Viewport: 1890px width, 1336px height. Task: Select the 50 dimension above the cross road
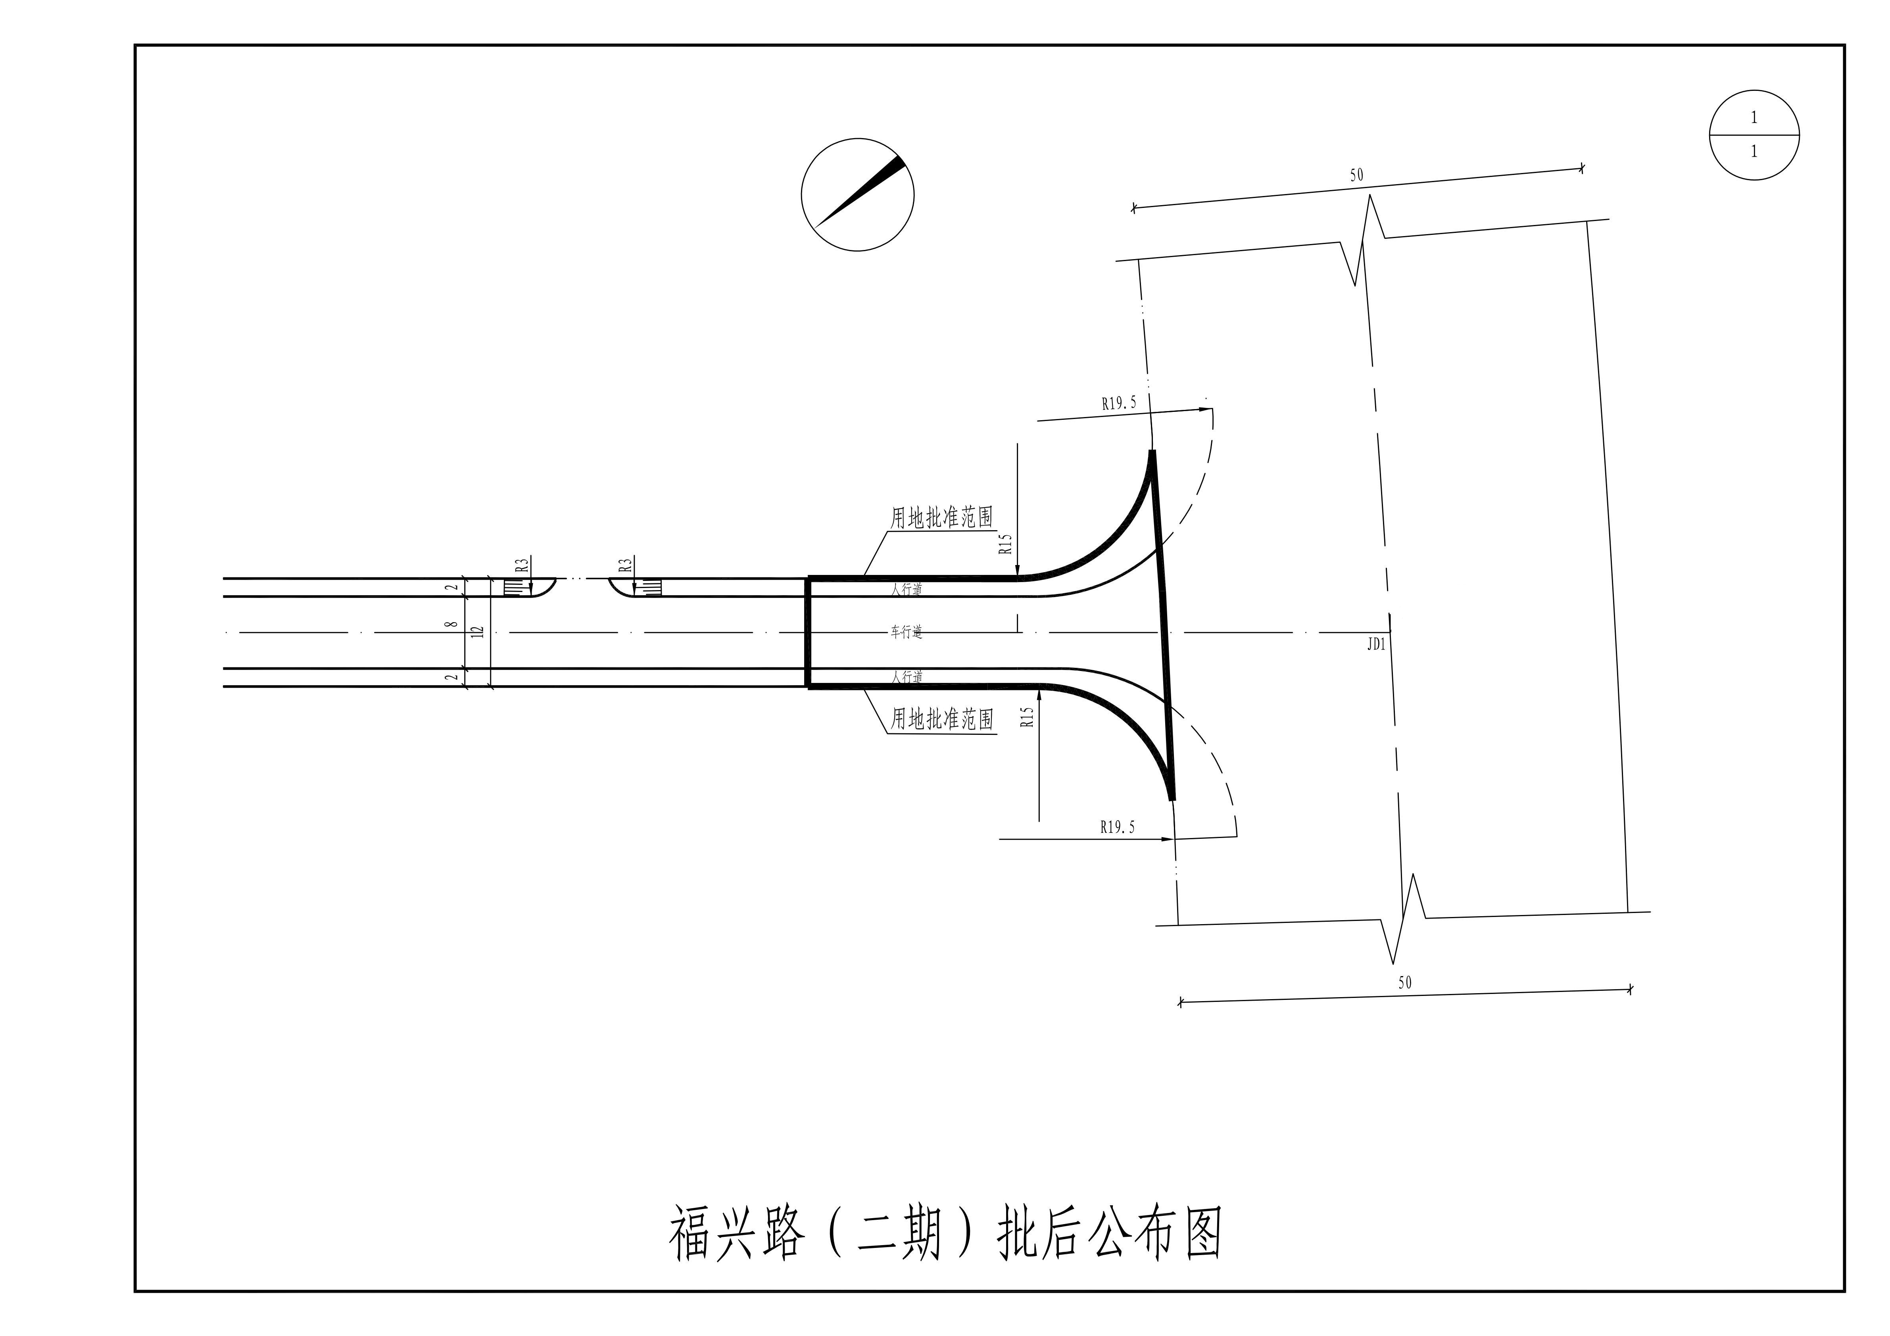(1356, 175)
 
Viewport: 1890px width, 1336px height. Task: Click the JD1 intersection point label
(1376, 644)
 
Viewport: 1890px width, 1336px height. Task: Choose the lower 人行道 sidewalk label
(907, 677)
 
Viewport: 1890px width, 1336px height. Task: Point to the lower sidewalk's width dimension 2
(451, 677)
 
